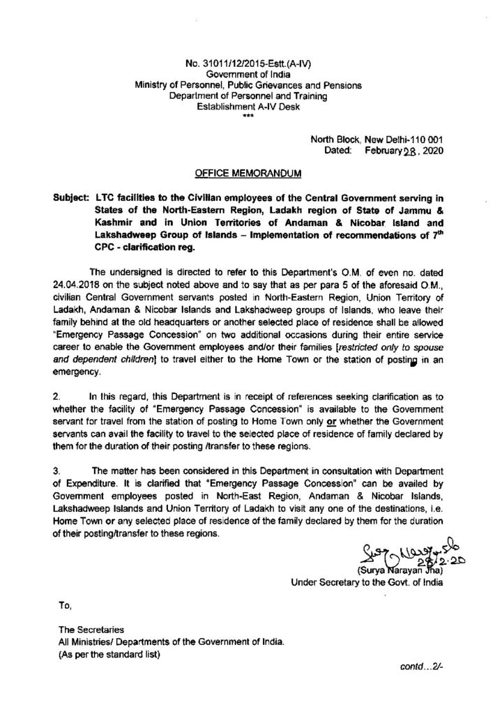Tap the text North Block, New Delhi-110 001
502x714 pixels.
[376, 139]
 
